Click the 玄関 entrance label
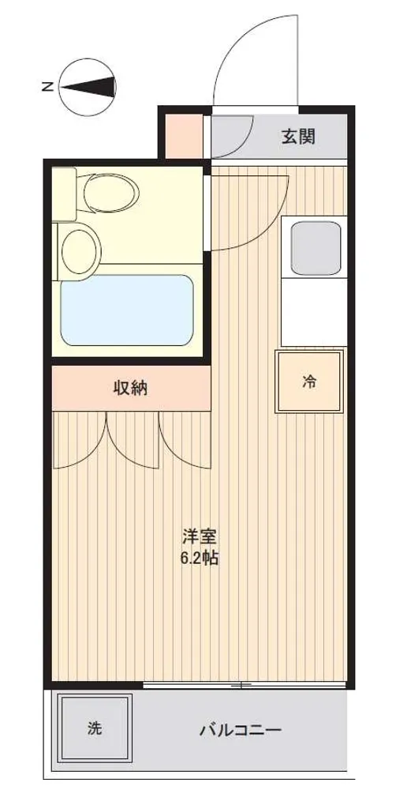[298, 137]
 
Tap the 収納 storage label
[130, 387]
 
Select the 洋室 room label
[200, 537]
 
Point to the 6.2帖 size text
[200, 559]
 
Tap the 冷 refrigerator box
[309, 382]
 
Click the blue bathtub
[127, 310]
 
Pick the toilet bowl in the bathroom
[111, 194]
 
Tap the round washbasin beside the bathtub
[79, 251]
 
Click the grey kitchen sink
[316, 248]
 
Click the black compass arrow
[89, 87]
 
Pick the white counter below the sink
[314, 312]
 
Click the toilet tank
[65, 194]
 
